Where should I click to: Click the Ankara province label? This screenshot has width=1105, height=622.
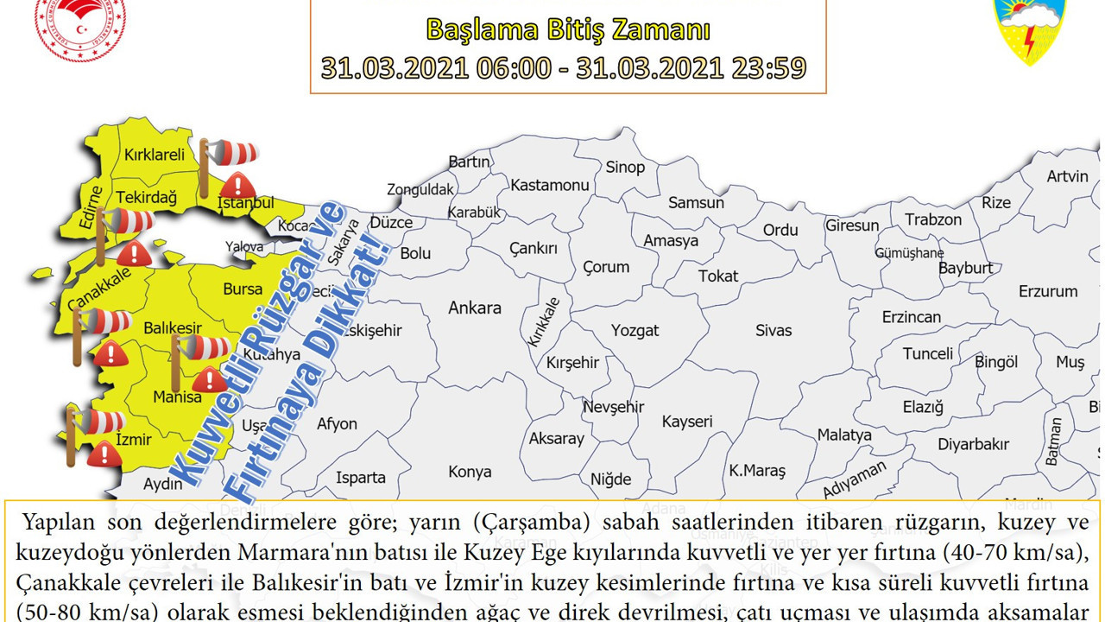[x=474, y=308]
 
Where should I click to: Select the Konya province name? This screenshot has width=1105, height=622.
[x=470, y=472]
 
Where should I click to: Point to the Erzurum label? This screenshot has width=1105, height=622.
[x=1048, y=291]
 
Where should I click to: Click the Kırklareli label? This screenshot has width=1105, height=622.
[x=155, y=155]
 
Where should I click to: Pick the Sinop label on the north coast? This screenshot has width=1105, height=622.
[x=625, y=168]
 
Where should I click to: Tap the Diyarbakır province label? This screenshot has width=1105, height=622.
[x=973, y=444]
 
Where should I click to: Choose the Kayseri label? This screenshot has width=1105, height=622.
[x=687, y=422]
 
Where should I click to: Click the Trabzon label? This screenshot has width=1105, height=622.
[x=932, y=219]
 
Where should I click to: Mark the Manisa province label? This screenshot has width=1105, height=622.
[x=177, y=397]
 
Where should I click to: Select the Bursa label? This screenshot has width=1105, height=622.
[x=243, y=289]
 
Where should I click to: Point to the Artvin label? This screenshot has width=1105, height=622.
[x=1067, y=176]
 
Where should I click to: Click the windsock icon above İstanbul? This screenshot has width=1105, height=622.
[x=230, y=154]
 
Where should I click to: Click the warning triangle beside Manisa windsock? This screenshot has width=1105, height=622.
[x=209, y=379]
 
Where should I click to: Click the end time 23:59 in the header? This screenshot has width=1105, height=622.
[x=766, y=67]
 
